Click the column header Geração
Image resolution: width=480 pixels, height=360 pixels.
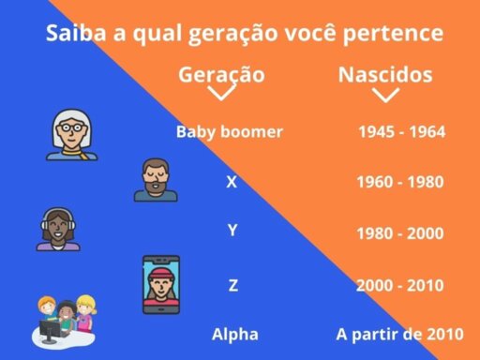coord(221,76)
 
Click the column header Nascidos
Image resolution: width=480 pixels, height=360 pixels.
coord(385,75)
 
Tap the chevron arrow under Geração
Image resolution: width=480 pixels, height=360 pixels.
coord(221,94)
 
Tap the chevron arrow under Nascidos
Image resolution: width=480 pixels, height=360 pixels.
coord(385,96)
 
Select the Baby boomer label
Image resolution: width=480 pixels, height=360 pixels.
coord(230,132)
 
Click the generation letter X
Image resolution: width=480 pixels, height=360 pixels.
coord(232,182)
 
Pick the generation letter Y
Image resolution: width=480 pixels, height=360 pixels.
coord(232,231)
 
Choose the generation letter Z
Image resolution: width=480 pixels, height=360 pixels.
coord(233,285)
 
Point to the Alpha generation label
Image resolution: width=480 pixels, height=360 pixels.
coord(235,335)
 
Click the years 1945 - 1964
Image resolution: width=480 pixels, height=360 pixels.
coord(402,131)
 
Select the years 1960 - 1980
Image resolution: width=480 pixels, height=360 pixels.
coord(400,182)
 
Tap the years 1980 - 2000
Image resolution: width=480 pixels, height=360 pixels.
coord(400,233)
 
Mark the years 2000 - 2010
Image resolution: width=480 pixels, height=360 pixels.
coord(400,285)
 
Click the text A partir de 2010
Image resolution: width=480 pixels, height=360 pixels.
coord(400,335)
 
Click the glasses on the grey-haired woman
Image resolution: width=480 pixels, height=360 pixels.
coord(72,127)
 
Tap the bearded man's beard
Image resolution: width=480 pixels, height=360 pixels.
coord(156,187)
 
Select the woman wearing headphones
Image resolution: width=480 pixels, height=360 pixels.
coord(58,229)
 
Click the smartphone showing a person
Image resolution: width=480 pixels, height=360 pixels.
coord(161,284)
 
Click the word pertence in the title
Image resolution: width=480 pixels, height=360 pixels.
coord(393,33)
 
